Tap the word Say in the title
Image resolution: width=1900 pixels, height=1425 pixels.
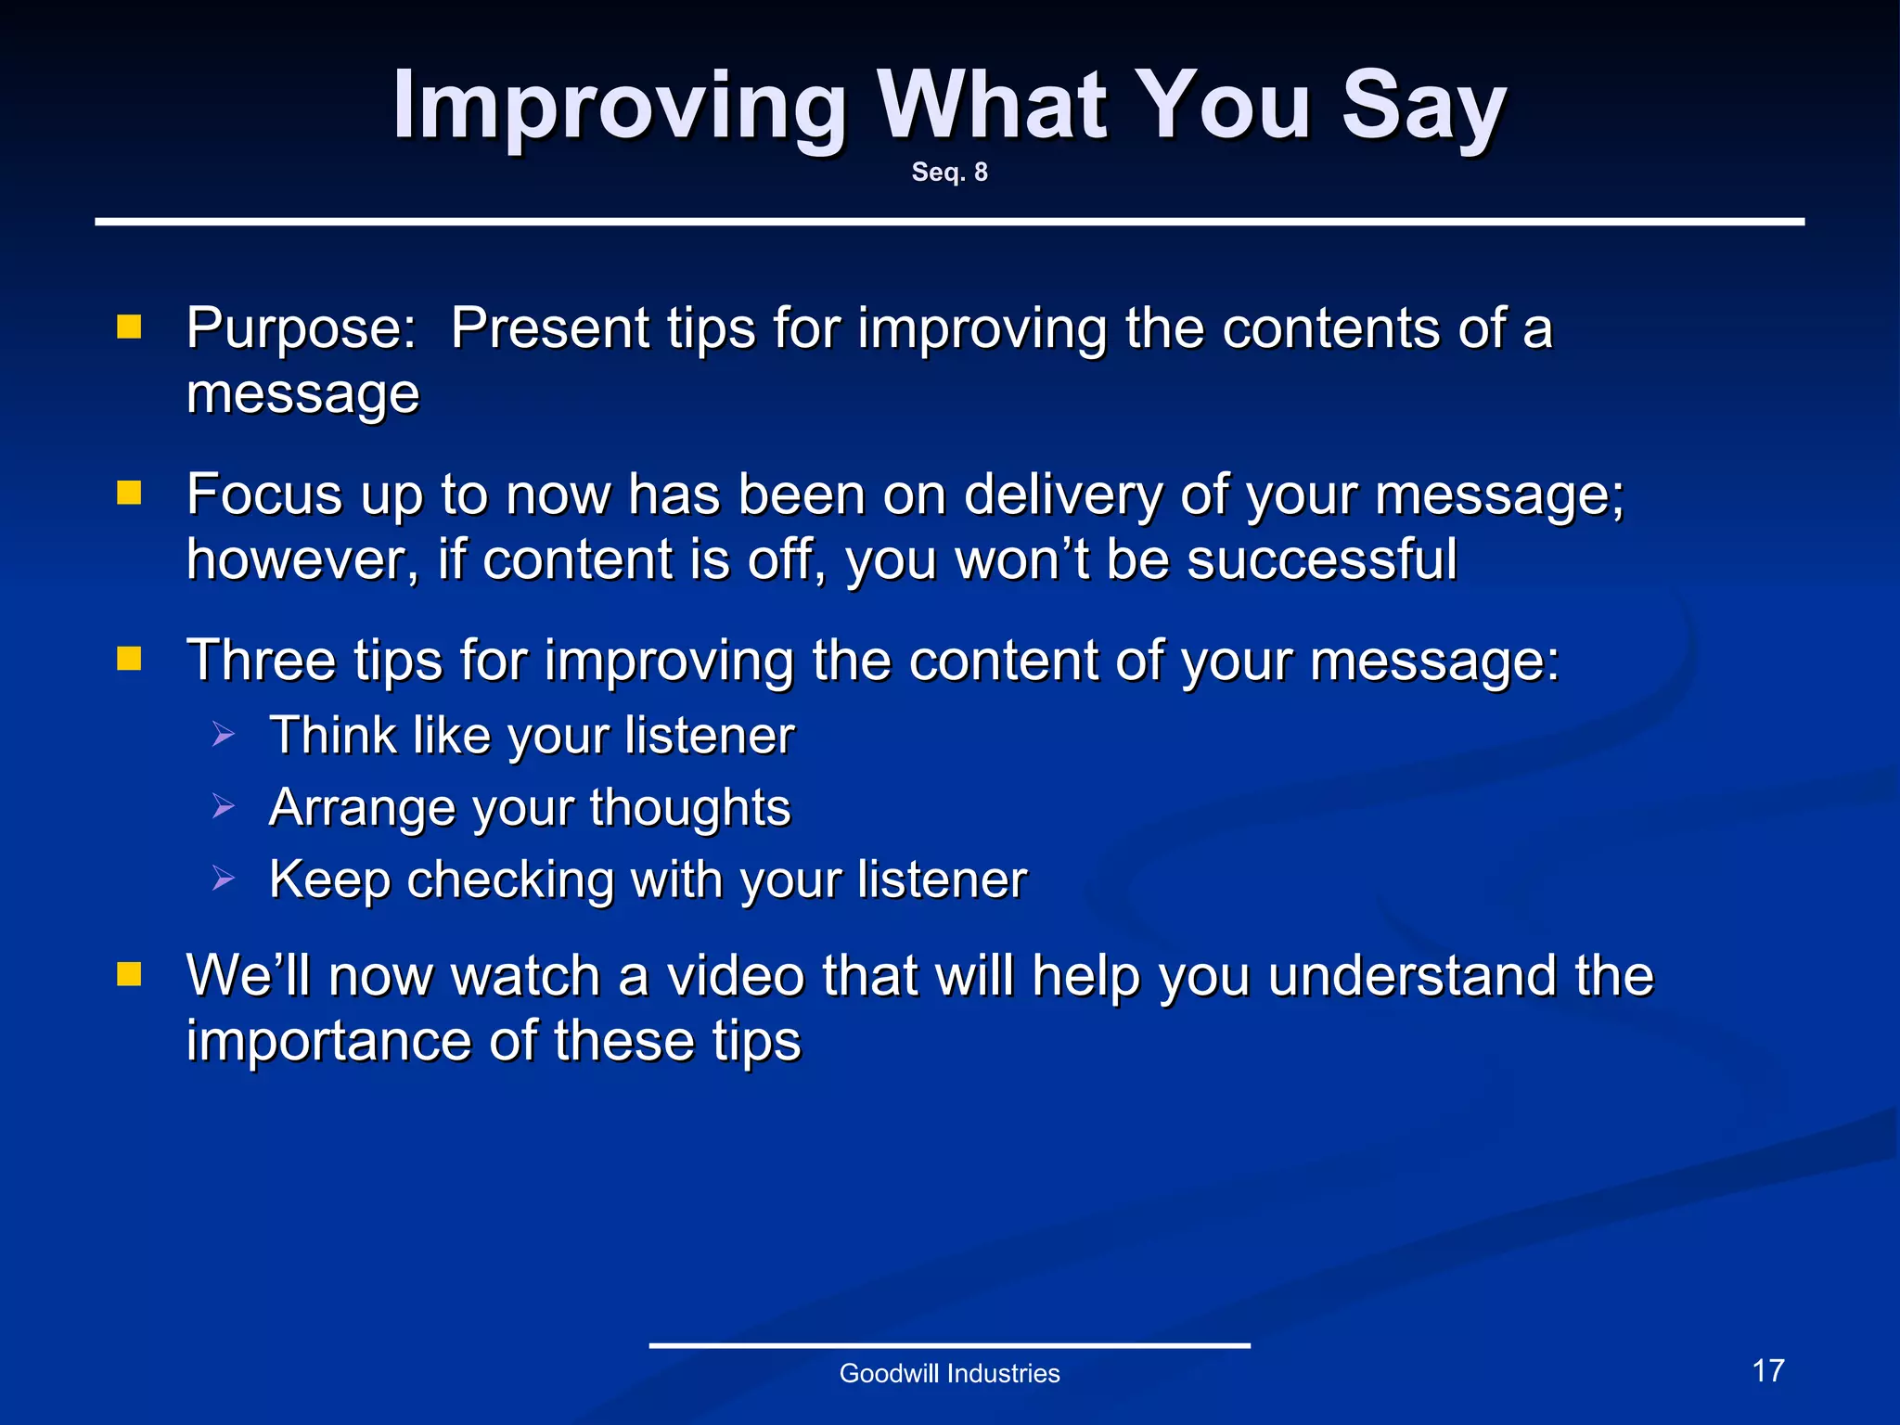coord(1423,107)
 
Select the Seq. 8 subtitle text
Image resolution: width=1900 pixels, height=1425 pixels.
coord(949,173)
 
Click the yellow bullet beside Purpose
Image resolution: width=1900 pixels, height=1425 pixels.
coord(129,327)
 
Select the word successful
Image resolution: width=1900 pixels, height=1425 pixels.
coord(1322,559)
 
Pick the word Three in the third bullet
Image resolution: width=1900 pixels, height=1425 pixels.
coord(261,661)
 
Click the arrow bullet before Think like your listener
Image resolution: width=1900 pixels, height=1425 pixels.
coord(224,735)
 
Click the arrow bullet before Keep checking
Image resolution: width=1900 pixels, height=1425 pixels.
coord(224,878)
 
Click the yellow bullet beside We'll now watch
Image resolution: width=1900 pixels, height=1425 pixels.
coord(129,974)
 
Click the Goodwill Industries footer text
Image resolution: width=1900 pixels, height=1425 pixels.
coord(949,1373)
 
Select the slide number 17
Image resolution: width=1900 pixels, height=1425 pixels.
coord(1768,1370)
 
